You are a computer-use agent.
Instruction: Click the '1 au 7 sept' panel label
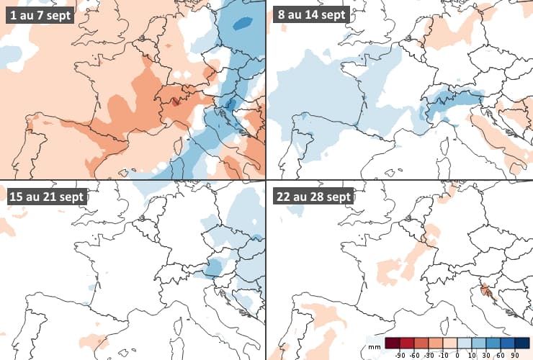tap(40, 15)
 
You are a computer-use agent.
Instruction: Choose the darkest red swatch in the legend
tap(393, 342)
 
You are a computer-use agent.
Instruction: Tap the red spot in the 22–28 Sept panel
tap(487, 292)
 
